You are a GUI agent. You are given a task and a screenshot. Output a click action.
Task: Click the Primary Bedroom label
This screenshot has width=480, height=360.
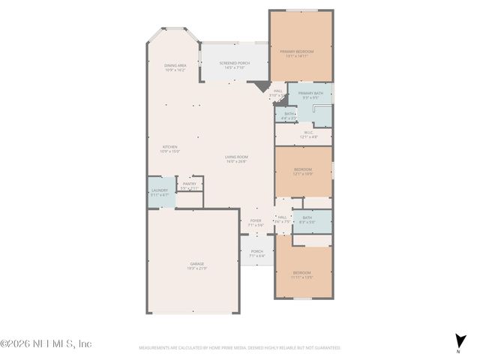point(297,53)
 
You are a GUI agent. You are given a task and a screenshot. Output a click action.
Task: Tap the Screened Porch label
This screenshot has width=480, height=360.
point(233,65)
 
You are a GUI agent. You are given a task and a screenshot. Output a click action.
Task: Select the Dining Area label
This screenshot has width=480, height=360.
point(175,67)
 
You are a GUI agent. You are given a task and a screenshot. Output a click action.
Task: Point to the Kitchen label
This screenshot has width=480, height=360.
point(168,148)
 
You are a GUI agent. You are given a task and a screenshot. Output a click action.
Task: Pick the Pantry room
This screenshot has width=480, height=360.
point(187,186)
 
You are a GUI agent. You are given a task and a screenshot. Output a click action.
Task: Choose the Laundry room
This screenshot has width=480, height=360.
point(160,192)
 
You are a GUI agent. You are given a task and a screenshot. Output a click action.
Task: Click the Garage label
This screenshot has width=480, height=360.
point(196,265)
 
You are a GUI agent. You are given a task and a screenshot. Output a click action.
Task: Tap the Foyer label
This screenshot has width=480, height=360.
point(256,222)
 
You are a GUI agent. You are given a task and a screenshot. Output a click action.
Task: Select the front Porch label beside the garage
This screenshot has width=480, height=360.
point(257,253)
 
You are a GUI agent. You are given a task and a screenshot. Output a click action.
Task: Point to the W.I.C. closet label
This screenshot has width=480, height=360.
point(308,136)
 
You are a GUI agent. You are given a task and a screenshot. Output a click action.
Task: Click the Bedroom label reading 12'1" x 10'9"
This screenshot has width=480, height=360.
point(302,172)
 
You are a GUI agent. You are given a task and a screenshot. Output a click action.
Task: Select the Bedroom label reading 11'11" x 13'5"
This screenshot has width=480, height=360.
point(302,274)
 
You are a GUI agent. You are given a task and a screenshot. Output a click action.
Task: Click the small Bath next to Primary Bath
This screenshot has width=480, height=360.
point(289,116)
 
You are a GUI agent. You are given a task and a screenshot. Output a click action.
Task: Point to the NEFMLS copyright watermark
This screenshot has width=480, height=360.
point(46,343)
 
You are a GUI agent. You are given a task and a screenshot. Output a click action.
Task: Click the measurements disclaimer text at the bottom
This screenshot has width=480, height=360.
point(240,348)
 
